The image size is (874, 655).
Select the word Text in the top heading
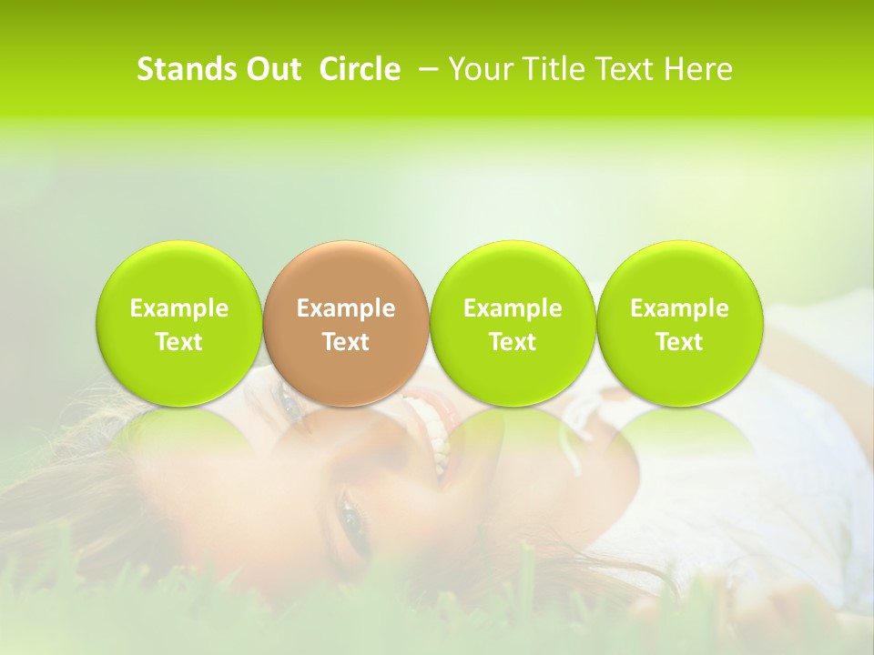click(623, 69)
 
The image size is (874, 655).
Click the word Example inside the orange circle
click(346, 308)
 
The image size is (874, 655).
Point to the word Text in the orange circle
click(346, 342)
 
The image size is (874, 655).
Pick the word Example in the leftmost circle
click(179, 308)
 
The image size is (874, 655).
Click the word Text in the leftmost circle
click(179, 342)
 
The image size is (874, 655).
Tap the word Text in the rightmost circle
click(679, 342)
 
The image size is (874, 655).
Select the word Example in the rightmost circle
click(679, 308)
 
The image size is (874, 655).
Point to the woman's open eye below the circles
click(350, 517)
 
